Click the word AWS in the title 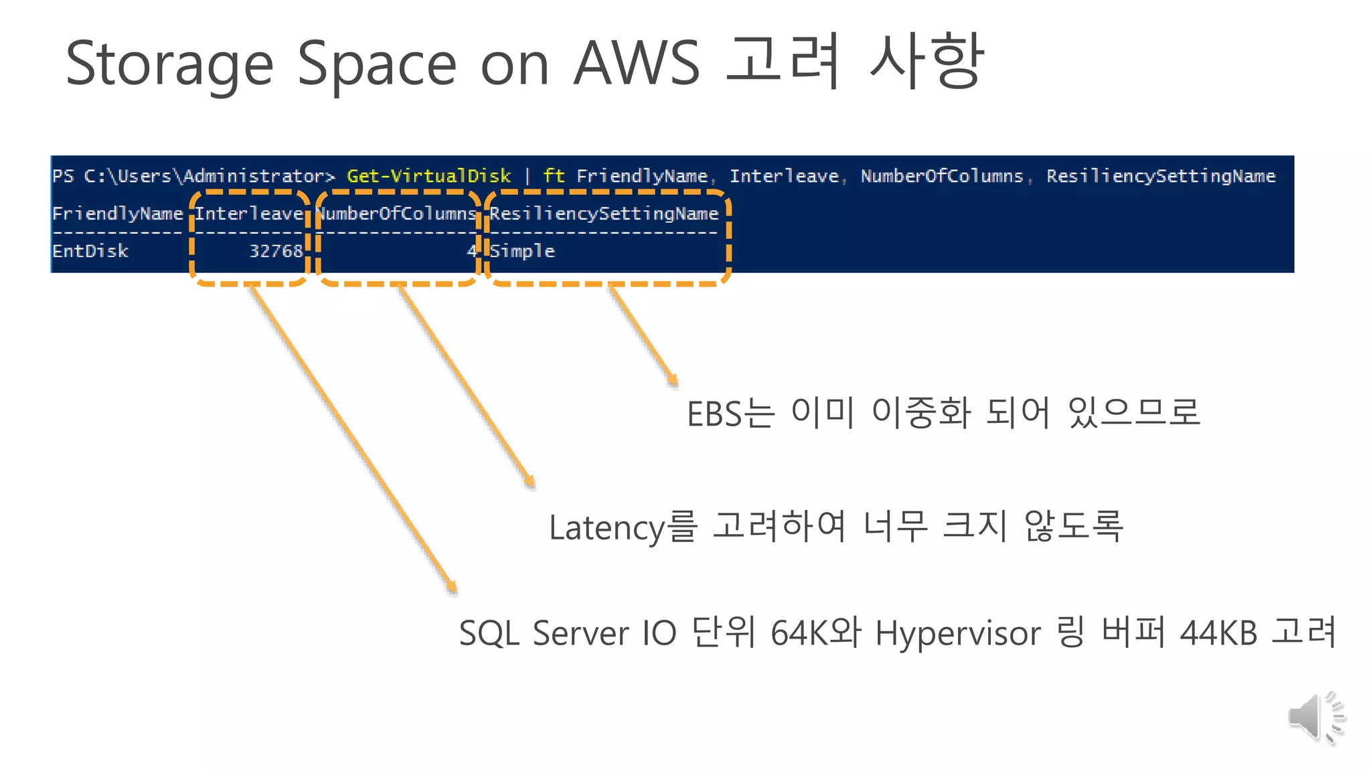click(636, 64)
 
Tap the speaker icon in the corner click(1315, 717)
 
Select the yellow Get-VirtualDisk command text click(428, 176)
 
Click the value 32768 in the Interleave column click(276, 251)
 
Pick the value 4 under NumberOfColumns click(471, 251)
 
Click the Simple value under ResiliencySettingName click(522, 251)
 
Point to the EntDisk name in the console click(90, 251)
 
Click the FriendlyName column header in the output click(117, 213)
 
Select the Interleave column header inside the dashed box click(249, 213)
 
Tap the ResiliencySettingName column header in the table click(604, 213)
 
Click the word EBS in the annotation click(714, 414)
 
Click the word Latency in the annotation click(607, 528)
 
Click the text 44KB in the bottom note click(1218, 633)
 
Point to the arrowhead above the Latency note click(530, 482)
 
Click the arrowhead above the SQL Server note click(453, 588)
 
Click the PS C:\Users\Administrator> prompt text click(193, 176)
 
